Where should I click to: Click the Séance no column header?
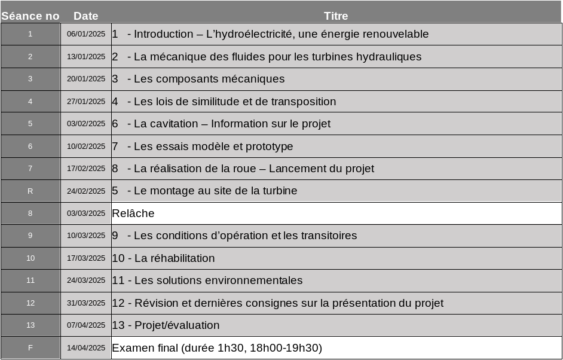30,16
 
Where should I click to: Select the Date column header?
85,16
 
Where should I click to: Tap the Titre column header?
336,16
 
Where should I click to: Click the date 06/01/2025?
85,34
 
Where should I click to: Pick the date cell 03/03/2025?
85,213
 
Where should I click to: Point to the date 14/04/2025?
85,348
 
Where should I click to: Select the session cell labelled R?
30,191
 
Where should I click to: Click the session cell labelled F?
30,348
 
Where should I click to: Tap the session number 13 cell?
30,325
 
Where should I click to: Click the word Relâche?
133,213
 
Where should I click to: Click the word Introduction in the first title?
163,34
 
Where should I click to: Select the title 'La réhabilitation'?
175,258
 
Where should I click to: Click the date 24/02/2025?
85,191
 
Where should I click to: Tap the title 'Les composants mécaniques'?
209,79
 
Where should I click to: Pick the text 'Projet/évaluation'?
177,325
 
